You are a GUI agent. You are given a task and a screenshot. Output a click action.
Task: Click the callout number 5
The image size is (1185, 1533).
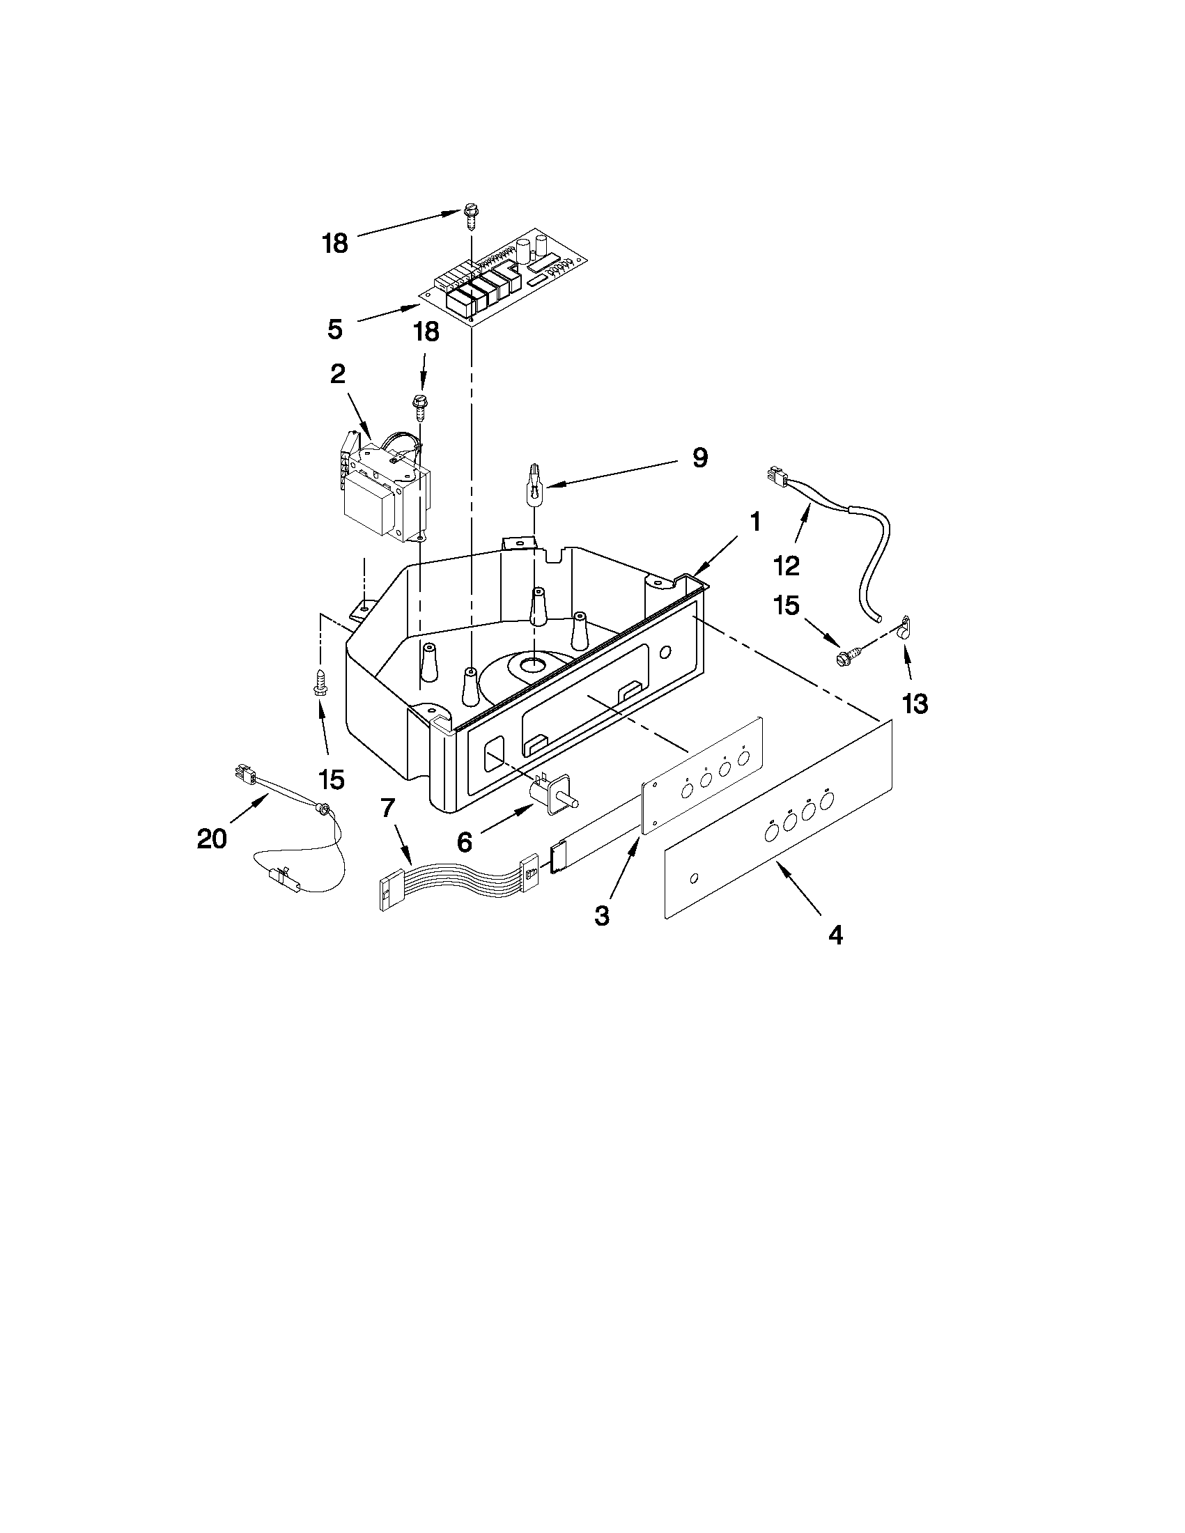335,328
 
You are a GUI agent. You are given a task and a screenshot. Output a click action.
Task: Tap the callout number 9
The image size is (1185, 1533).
700,458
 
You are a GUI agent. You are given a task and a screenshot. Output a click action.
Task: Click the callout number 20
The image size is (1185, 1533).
212,838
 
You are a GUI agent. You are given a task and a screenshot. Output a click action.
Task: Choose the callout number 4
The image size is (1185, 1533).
835,934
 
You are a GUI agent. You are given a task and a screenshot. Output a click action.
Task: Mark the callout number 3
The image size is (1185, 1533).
602,915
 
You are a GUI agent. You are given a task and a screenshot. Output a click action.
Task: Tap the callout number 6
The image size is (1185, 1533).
465,841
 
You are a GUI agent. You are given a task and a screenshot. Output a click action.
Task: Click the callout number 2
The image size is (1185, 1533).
338,374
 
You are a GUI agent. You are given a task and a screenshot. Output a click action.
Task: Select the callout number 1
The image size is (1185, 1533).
754,522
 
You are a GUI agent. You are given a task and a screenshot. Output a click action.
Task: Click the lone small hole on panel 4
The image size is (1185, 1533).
695,878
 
